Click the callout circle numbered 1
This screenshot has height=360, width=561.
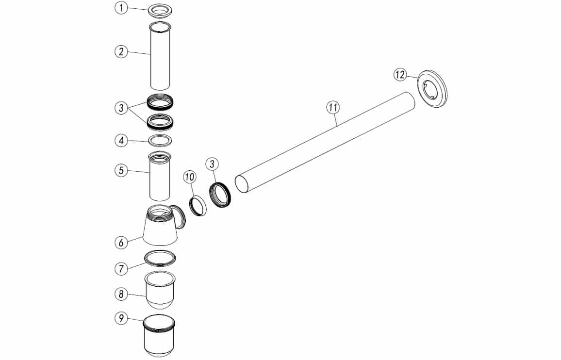(122, 8)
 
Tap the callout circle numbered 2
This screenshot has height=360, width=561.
(122, 51)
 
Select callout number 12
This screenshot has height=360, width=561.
(400, 75)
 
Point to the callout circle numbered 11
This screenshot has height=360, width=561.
(333, 107)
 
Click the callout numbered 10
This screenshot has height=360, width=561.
(190, 177)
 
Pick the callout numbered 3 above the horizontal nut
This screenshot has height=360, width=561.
(212, 164)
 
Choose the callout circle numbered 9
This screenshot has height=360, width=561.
(122, 318)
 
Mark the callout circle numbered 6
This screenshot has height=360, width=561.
(122, 243)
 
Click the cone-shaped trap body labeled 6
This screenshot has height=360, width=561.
(160, 226)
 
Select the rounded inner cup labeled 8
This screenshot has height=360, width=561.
(160, 290)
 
